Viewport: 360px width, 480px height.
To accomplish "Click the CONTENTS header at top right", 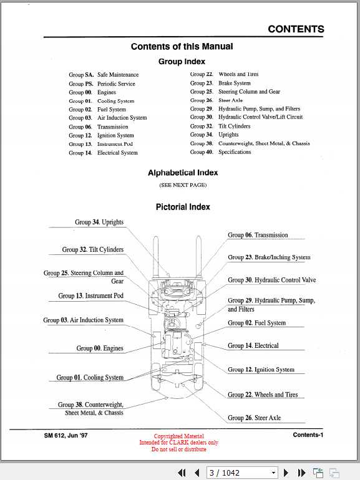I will click(296, 29).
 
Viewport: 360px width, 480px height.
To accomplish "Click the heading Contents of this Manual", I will click(182, 46).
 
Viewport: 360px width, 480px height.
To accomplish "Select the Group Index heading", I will click(182, 62).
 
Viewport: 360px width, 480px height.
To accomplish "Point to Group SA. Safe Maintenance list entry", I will click(104, 75).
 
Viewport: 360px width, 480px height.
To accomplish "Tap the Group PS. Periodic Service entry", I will click(102, 84).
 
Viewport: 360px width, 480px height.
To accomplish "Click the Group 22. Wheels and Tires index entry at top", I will click(224, 74).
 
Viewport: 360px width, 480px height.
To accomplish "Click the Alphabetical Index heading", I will click(182, 173).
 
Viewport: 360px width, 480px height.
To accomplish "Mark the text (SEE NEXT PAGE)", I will click(182, 185).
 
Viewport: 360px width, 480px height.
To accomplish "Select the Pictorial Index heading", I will click(182, 207).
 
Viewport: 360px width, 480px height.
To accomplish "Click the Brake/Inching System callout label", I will click(269, 257).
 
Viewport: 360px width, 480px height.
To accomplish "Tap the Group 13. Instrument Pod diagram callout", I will click(90, 295).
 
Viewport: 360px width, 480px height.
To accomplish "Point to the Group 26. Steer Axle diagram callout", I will click(254, 418).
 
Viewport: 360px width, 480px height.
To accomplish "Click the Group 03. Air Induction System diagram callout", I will click(83, 320).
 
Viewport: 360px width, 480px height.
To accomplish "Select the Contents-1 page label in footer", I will click(308, 435).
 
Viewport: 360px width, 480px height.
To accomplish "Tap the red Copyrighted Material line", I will click(178, 436).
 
